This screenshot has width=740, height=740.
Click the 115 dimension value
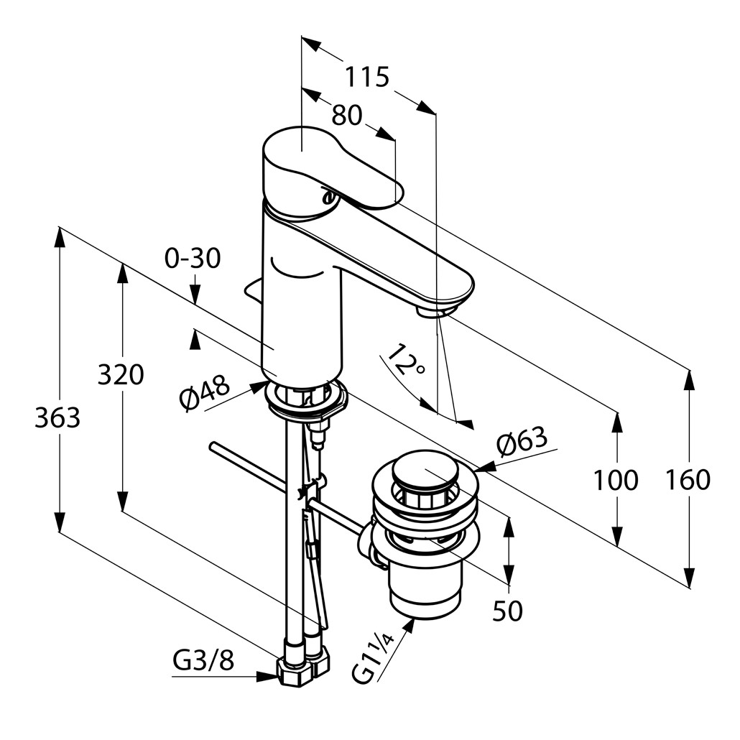point(366,76)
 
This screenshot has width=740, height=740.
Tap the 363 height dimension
point(57,417)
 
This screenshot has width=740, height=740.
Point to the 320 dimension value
point(121,374)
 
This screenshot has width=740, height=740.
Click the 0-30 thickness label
point(193,259)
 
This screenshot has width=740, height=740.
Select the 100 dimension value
point(615,480)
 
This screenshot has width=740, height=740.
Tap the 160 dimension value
point(688,480)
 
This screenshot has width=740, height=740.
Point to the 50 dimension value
point(507,611)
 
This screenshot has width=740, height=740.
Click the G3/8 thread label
point(203,660)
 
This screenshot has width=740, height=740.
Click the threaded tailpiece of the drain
point(425,589)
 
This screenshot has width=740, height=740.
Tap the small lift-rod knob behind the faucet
point(253,290)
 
